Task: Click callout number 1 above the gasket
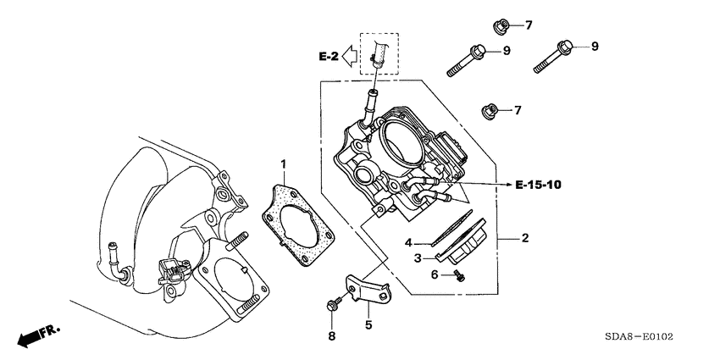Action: [x=284, y=163]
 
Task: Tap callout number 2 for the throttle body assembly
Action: [x=524, y=239]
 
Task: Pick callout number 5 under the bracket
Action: [x=368, y=323]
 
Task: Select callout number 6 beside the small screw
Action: [x=435, y=274]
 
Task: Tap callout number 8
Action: [x=332, y=336]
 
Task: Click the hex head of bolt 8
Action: [x=331, y=303]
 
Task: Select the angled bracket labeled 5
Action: [x=364, y=286]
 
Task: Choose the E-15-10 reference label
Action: [x=538, y=183]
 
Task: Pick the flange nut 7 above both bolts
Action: [x=500, y=24]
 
